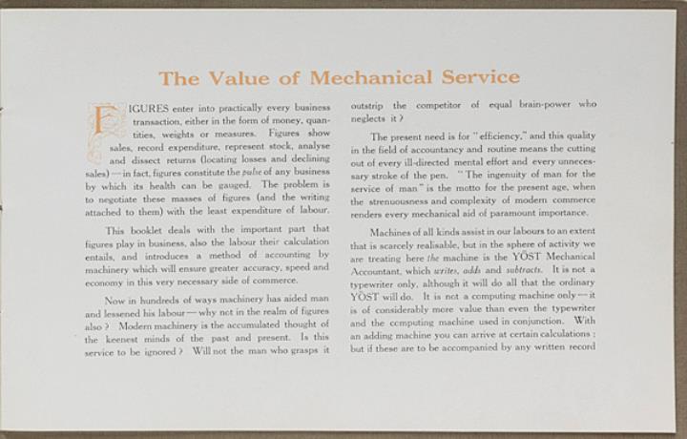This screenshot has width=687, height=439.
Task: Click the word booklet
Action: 146,230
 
